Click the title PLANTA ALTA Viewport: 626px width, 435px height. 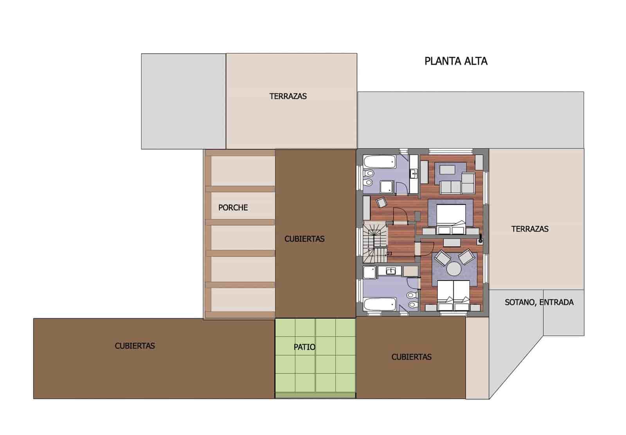pyautogui.click(x=456, y=61)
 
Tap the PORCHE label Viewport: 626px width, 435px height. pyautogui.click(x=233, y=208)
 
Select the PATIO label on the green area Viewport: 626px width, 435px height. pyautogui.click(x=304, y=347)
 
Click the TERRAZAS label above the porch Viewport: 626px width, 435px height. pyautogui.click(x=288, y=96)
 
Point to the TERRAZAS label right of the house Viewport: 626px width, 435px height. pyautogui.click(x=530, y=229)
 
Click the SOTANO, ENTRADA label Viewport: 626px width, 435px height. pyautogui.click(x=539, y=302)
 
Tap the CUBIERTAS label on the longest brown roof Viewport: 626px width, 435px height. pyautogui.click(x=135, y=346)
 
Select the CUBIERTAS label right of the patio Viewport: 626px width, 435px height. pyautogui.click(x=411, y=357)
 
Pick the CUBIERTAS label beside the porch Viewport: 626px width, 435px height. pyautogui.click(x=304, y=239)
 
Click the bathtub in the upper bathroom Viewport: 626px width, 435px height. pyautogui.click(x=380, y=161)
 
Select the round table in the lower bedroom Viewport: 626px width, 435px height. pyautogui.click(x=454, y=269)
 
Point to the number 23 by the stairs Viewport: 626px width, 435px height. pyautogui.click(x=389, y=254)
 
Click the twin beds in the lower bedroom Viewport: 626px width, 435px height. pyautogui.click(x=453, y=292)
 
